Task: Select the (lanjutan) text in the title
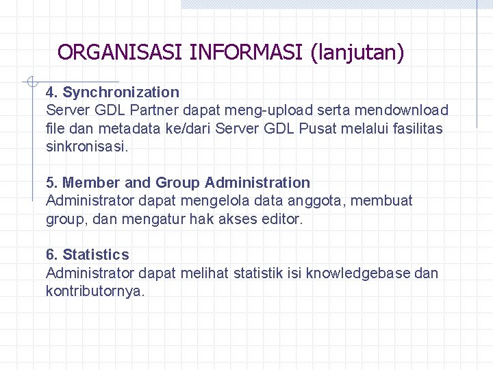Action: [x=357, y=52]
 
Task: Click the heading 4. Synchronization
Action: [x=112, y=92]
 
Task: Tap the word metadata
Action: [x=128, y=128]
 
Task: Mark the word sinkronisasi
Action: [x=86, y=147]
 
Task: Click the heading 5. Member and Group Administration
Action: [x=178, y=183]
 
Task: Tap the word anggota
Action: [x=319, y=201]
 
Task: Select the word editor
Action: [x=283, y=219]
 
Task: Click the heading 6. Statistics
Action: [x=87, y=255]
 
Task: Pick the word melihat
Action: [x=204, y=273]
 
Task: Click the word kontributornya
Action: [x=94, y=291]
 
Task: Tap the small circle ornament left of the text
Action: [x=31, y=83]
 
